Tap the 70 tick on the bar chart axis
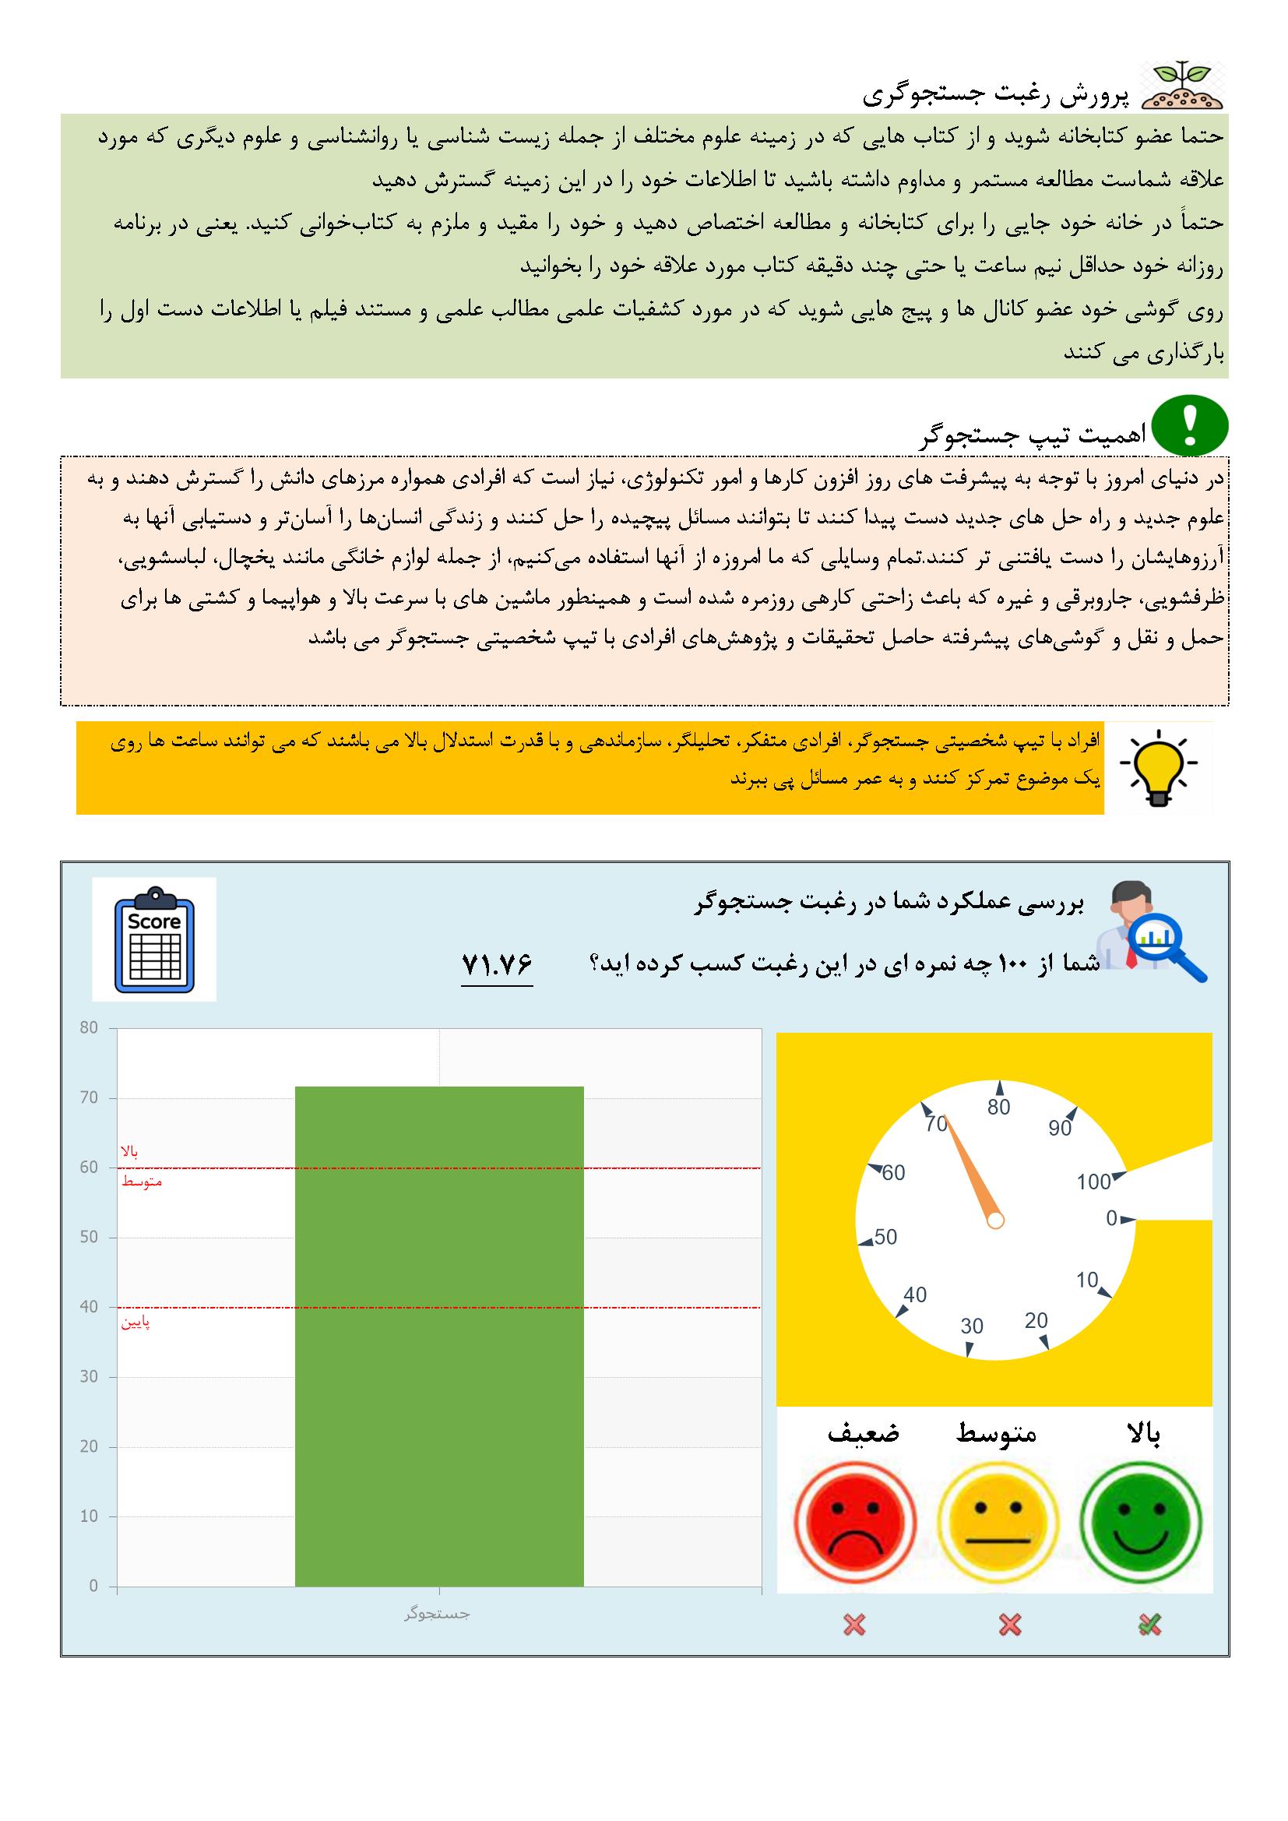[89, 1097]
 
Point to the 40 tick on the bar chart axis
[89, 1306]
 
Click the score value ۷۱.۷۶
[497, 963]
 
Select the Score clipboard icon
[155, 939]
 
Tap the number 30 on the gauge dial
[972, 1326]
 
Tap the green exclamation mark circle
[1190, 427]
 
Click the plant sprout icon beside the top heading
[1182, 85]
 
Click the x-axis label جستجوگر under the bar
[437, 1614]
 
